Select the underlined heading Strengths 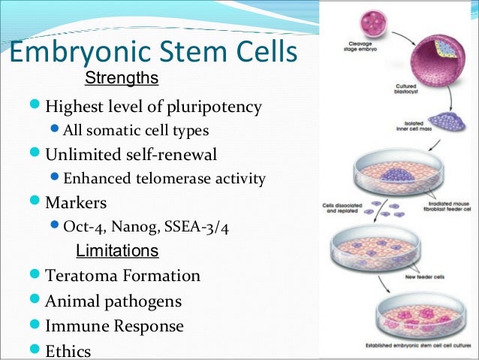[x=121, y=78]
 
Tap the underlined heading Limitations [x=118, y=250]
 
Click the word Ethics [x=68, y=351]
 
